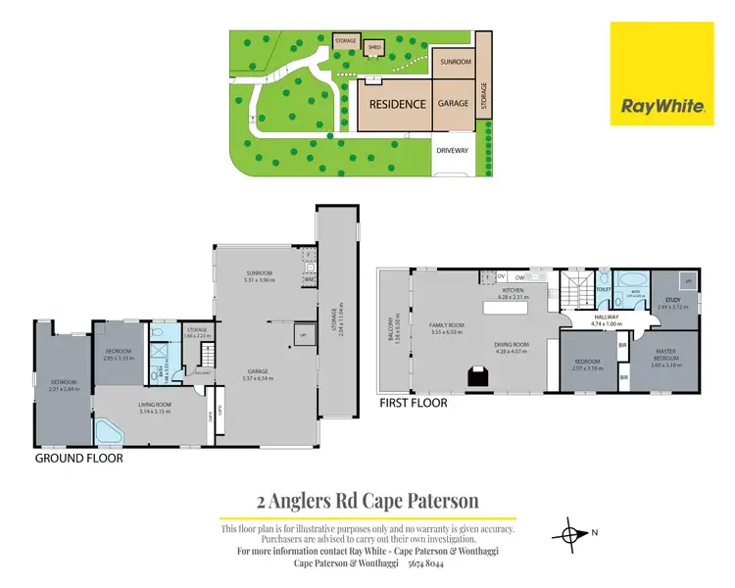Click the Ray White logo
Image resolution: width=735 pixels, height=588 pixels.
(661, 73)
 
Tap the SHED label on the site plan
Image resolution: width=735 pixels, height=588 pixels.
(373, 45)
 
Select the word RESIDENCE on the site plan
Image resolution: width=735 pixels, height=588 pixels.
(397, 104)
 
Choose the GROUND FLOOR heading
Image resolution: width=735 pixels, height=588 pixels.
(78, 458)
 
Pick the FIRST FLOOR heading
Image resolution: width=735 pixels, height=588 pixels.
(413, 402)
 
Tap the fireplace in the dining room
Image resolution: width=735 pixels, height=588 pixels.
(479, 376)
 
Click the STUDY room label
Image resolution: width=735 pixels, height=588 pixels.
(671, 301)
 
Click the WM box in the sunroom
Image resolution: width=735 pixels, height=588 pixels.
(310, 279)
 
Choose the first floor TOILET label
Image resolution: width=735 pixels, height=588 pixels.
(605, 290)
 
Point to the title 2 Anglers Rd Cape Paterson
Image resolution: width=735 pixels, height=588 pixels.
(367, 501)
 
